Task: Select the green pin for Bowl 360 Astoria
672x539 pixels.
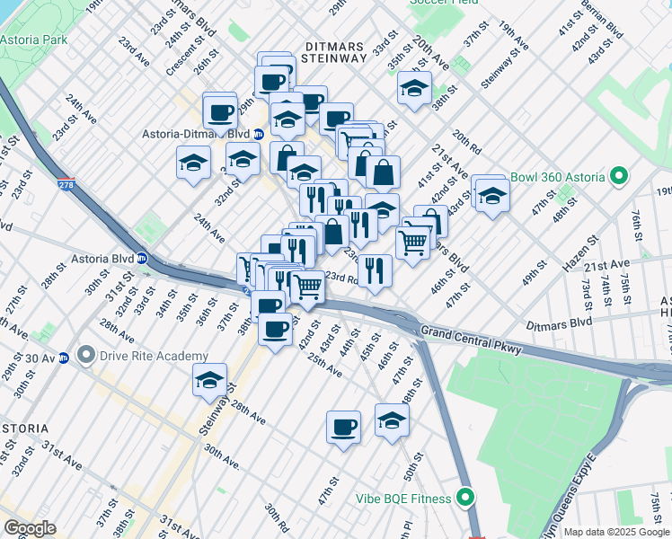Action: [x=618, y=177]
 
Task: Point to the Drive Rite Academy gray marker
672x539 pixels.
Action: [x=86, y=356]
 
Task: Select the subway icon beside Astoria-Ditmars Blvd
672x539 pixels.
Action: [x=259, y=135]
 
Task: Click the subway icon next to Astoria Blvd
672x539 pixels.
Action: [x=142, y=259]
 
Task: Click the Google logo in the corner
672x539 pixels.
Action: [x=30, y=528]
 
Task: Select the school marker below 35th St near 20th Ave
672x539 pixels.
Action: [x=414, y=88]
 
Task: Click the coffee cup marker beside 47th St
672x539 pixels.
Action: [x=342, y=427]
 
